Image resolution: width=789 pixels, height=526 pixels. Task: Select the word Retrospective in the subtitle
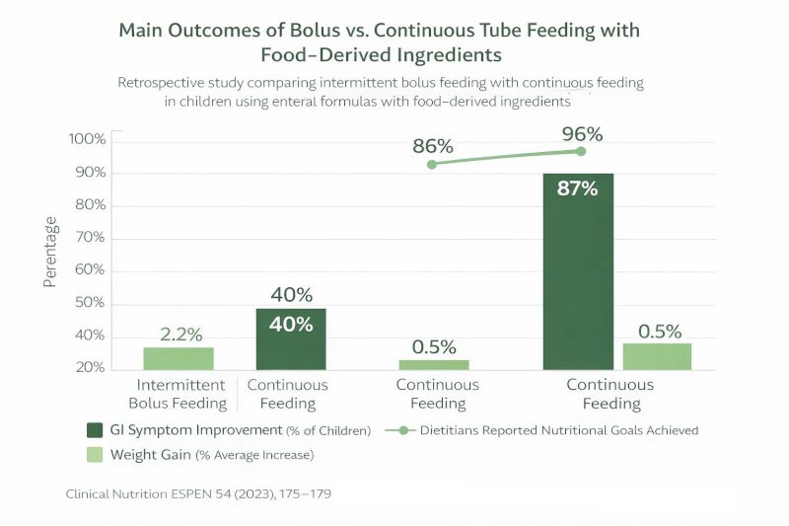pos(167,83)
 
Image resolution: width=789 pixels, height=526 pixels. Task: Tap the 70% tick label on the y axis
pos(89,238)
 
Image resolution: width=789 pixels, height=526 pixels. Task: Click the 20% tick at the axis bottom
pos(89,367)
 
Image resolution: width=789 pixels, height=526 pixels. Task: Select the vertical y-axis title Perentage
pos(50,253)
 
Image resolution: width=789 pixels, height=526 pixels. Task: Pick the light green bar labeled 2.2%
pos(179,358)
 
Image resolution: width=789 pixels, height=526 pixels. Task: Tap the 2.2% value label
pos(180,334)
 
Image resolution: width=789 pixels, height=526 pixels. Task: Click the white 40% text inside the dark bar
pos(292,324)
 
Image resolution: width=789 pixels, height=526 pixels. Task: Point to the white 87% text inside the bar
pos(577,188)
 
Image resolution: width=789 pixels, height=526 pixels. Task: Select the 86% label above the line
pos(432,146)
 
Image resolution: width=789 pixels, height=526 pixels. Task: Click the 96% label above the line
pos(582,133)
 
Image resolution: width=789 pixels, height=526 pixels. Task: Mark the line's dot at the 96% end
pos(581,151)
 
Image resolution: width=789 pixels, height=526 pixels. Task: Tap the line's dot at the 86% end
pos(432,164)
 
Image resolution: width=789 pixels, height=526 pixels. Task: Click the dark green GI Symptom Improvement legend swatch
pos(95,429)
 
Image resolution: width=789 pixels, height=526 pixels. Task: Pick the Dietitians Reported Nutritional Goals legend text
pos(558,430)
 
